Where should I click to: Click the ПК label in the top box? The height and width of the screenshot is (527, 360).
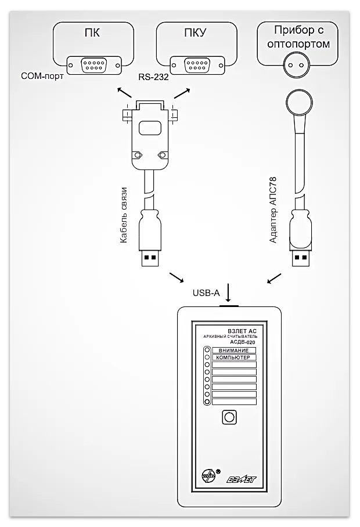[92, 33]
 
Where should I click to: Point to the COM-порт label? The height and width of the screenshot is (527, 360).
[41, 76]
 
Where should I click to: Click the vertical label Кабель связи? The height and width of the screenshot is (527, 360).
[124, 215]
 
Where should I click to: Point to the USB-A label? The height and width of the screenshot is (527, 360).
[206, 293]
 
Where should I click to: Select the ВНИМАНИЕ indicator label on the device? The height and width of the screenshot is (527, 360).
[233, 351]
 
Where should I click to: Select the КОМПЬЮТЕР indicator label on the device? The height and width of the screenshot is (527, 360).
[233, 358]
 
